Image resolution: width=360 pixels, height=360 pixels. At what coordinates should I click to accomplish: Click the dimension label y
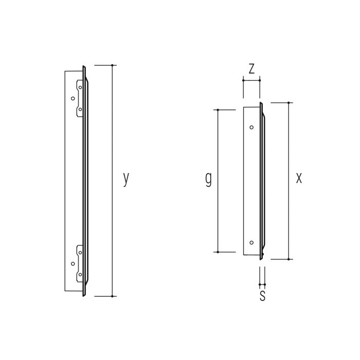point(126,179)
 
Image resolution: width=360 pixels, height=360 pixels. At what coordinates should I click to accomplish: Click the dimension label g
point(208,179)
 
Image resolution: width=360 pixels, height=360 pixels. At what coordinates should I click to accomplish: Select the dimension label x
point(299,178)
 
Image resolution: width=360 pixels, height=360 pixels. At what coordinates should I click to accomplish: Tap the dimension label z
point(251,68)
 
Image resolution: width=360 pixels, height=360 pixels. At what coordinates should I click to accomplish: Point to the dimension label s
point(262,296)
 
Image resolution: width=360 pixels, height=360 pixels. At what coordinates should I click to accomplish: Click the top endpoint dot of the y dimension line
point(112,65)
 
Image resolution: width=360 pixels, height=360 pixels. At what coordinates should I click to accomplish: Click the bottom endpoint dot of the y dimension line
point(112,296)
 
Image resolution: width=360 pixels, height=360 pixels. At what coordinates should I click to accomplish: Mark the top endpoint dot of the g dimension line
point(218,110)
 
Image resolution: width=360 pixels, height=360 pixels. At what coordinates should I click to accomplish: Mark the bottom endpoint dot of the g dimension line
point(218,252)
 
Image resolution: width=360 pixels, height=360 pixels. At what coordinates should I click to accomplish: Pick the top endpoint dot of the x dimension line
point(289,103)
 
